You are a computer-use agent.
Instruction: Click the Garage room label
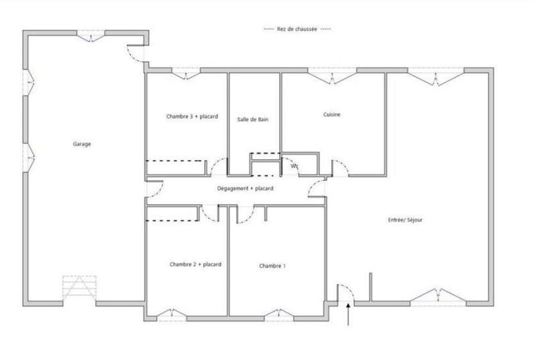click(82, 144)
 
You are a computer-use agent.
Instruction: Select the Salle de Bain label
click(253, 119)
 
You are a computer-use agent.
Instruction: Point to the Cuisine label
click(332, 114)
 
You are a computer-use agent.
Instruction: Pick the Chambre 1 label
click(272, 266)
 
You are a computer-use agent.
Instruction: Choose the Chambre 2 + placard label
click(195, 264)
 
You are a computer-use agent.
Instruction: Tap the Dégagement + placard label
click(245, 189)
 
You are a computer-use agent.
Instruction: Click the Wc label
click(294, 167)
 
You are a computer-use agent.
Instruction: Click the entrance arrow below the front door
click(349, 314)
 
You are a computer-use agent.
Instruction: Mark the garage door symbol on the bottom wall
click(79, 289)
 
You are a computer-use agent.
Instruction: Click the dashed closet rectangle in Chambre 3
click(175, 168)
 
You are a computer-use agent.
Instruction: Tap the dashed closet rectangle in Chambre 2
click(173, 213)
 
